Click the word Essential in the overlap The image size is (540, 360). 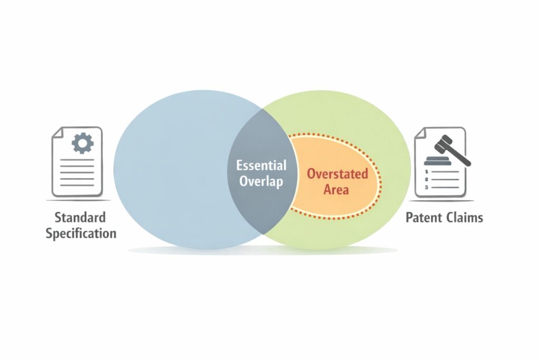262,166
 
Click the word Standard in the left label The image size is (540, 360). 80,217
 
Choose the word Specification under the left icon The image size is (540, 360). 81,233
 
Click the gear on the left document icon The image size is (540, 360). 82,143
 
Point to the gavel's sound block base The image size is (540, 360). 438,162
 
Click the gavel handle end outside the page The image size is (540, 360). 467,161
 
